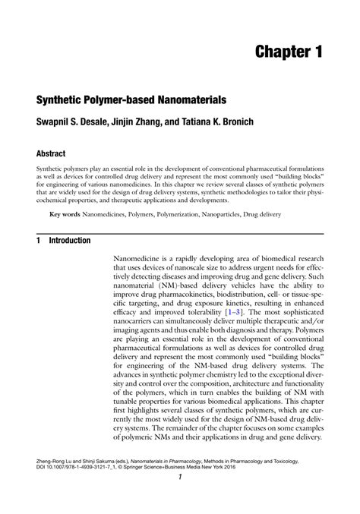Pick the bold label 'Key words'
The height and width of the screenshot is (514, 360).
tap(65, 216)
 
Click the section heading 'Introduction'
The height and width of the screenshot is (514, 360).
tap(70, 241)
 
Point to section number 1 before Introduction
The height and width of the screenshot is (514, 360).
tap(38, 241)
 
